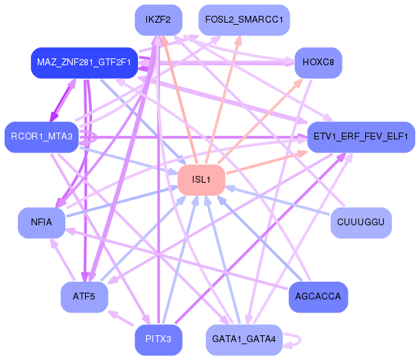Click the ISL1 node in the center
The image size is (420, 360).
click(202, 180)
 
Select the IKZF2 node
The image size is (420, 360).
click(159, 20)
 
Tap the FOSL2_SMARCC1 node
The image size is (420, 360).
click(244, 20)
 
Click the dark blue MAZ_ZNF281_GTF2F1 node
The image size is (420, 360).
click(84, 63)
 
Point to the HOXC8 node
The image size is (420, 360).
click(318, 63)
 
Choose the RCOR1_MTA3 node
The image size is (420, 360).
click(41, 137)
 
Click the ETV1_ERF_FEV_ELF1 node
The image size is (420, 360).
click(361, 137)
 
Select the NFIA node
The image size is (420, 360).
click(41, 223)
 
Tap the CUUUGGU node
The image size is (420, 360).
click(361, 223)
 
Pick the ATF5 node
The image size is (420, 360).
click(84, 297)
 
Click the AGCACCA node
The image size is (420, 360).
click(318, 297)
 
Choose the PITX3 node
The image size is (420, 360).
click(159, 340)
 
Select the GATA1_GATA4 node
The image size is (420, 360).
click(244, 340)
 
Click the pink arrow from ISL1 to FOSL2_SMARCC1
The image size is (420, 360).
click(223, 99)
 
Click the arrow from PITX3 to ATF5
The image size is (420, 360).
click(120, 318)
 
